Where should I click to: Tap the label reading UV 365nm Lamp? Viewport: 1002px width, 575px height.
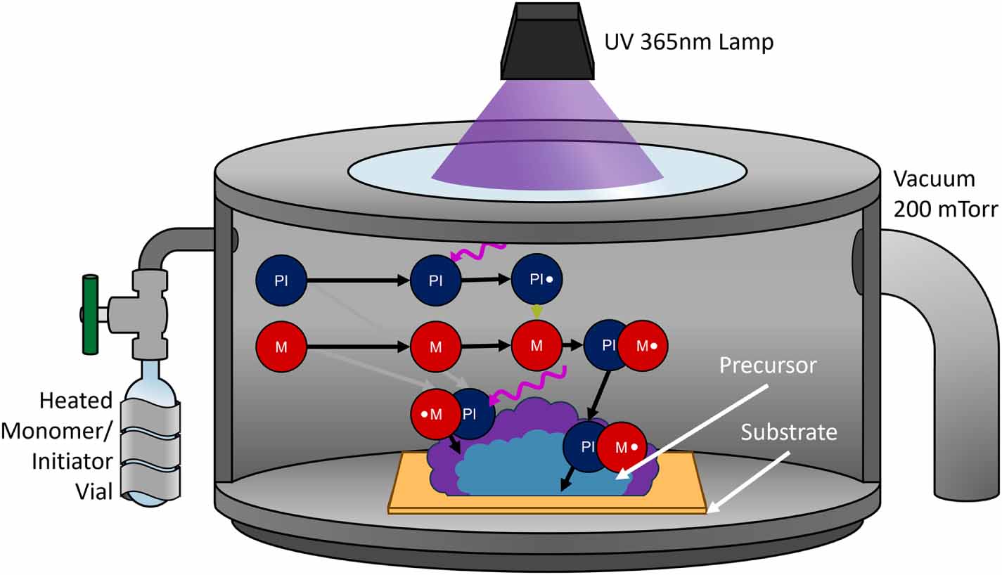coord(688,42)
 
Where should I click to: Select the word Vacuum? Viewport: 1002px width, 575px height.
coord(934,179)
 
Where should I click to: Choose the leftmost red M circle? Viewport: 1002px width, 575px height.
coord(281,346)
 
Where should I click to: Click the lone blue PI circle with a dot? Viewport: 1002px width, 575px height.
coord(538,279)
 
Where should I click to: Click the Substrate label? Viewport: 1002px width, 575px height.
coord(789,432)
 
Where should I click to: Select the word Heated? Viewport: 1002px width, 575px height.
coord(76,401)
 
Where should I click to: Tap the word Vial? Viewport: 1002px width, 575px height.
coord(94,492)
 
